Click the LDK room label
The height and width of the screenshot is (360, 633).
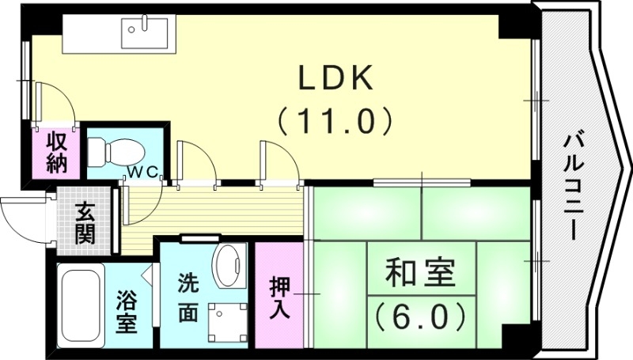[x=335, y=80]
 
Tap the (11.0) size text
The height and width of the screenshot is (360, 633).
[x=335, y=121]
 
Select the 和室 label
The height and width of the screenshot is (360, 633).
[x=419, y=275]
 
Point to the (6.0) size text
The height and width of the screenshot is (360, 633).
[x=419, y=316]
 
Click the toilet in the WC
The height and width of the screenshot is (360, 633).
[x=114, y=149]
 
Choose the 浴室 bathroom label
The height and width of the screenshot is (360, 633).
[x=127, y=311]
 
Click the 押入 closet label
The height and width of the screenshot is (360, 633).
[x=279, y=297]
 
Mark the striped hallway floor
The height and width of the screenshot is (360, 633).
[x=214, y=210]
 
